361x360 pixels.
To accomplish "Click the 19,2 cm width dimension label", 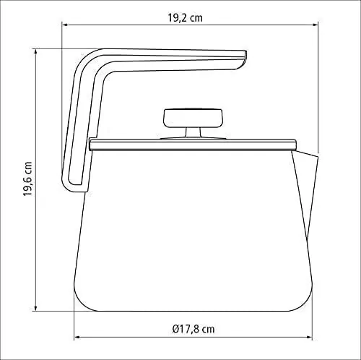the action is click(x=185, y=18).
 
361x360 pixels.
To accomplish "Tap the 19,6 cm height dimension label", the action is click(x=27, y=179).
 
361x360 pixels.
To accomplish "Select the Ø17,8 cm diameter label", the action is click(x=193, y=329).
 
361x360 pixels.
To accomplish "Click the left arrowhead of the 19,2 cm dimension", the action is click(x=65, y=25).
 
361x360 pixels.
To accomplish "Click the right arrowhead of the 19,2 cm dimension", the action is click(x=316, y=25).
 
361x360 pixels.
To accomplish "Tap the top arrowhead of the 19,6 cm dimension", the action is click(x=36, y=52).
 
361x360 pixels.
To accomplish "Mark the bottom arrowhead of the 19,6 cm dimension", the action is click(x=36, y=308).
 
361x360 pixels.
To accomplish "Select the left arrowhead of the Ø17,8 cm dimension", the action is click(x=77, y=337).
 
